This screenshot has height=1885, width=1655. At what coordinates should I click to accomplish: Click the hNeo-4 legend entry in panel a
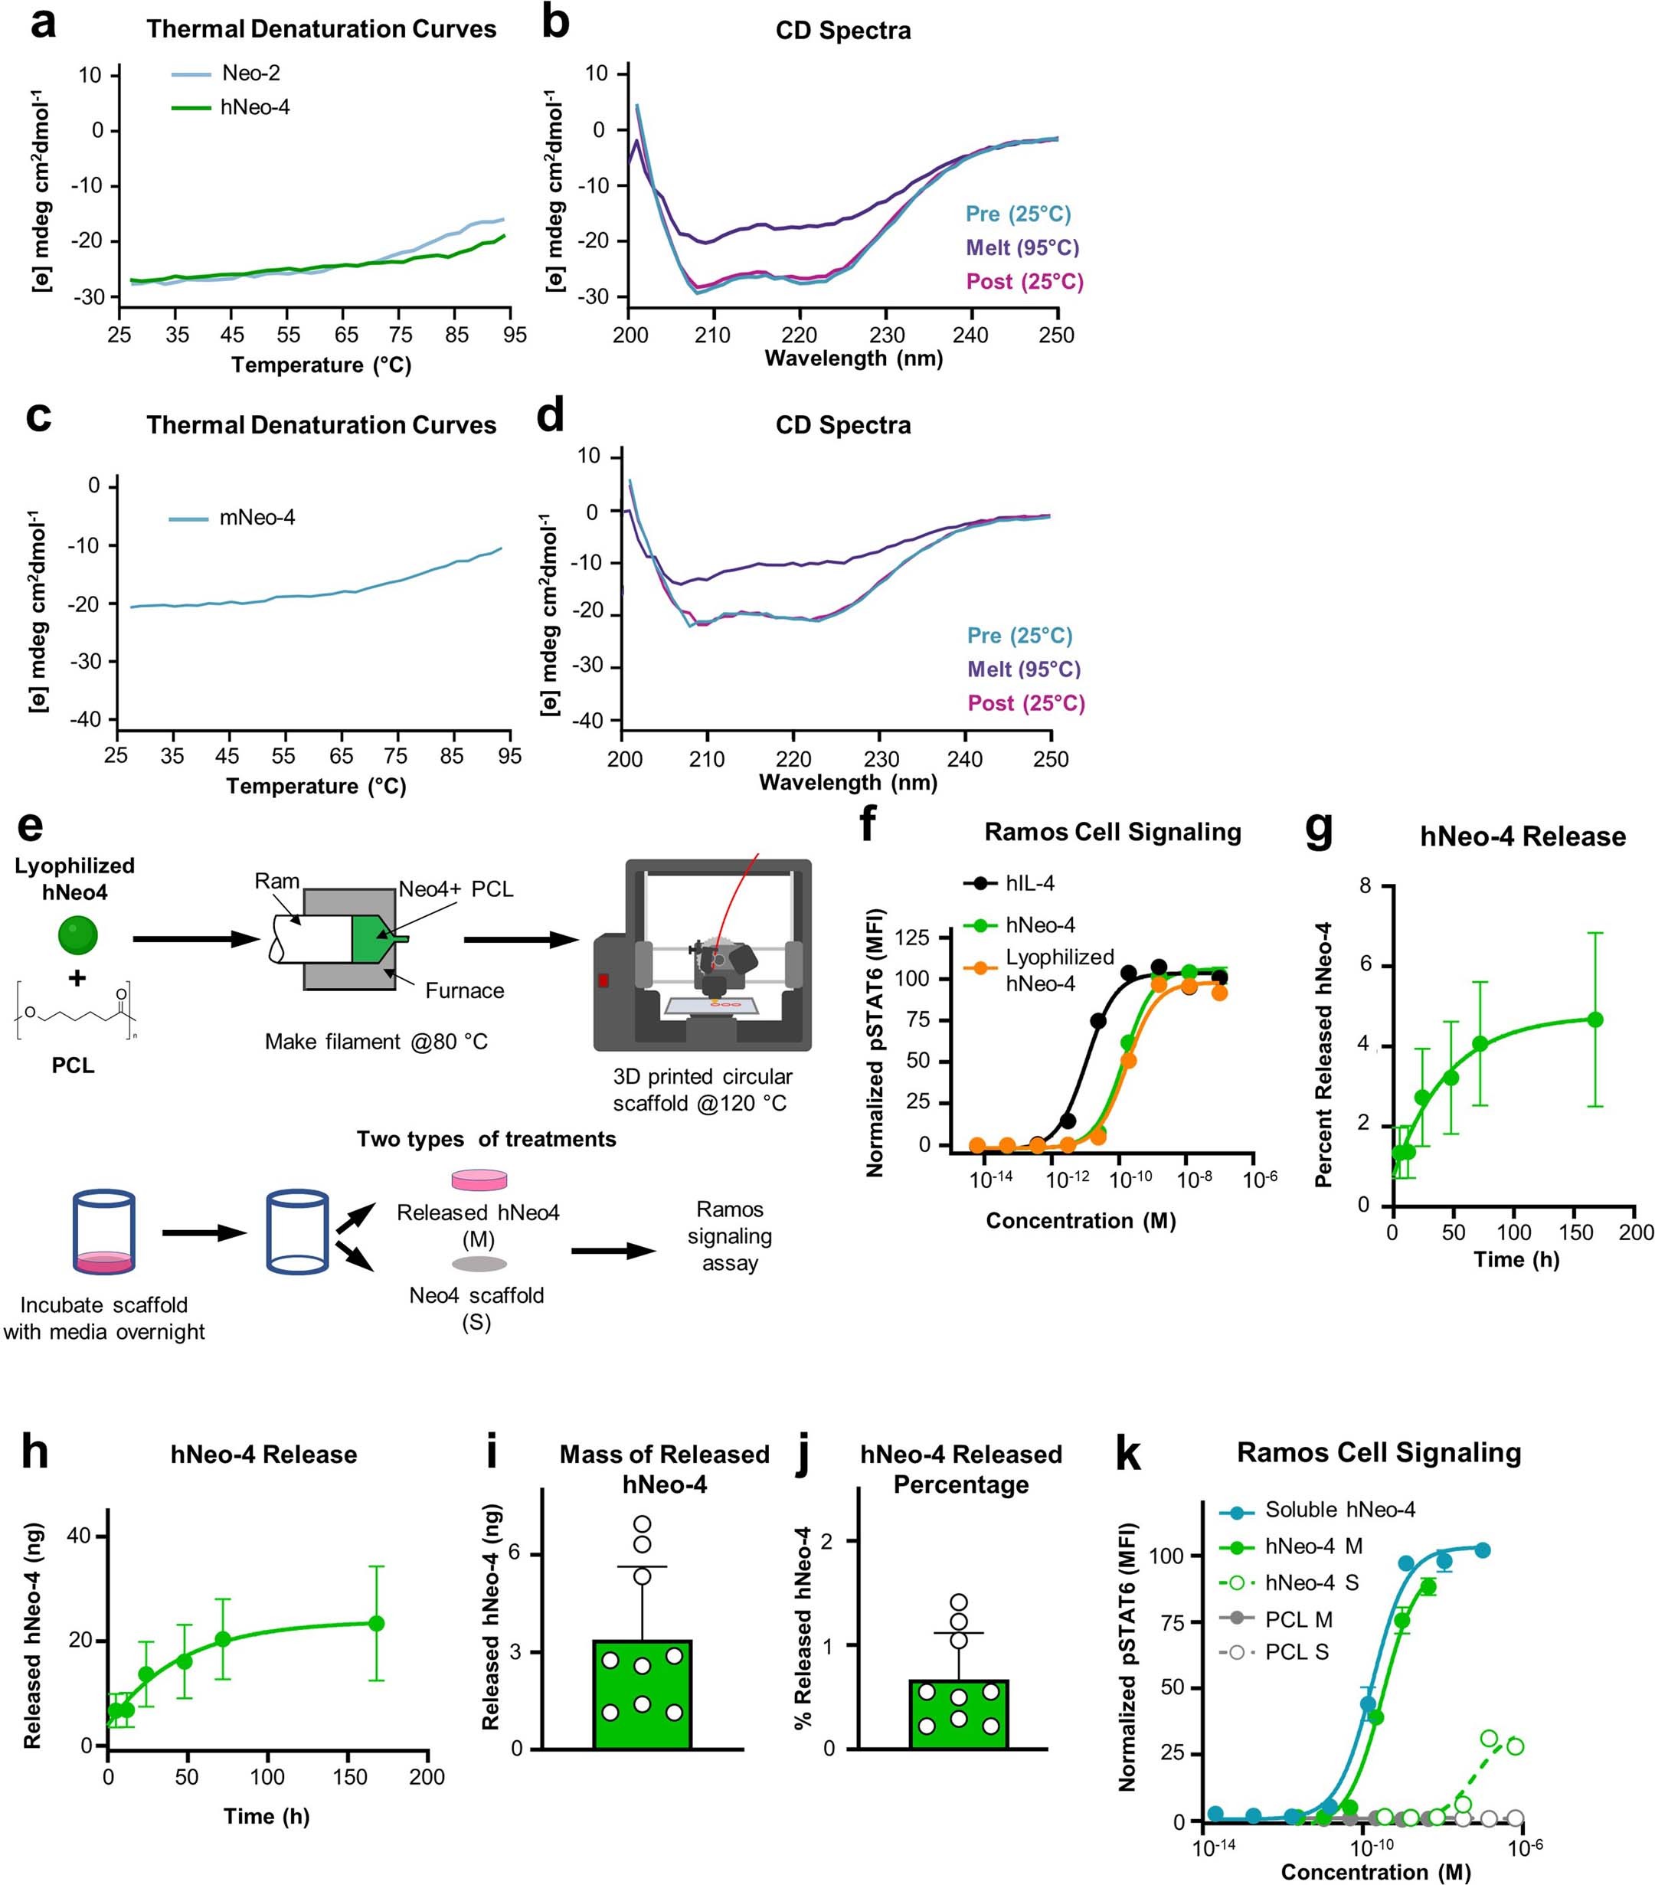tap(254, 108)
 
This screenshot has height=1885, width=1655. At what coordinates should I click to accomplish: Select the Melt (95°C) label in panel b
tap(1022, 247)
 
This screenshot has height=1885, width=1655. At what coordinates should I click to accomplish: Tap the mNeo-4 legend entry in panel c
tap(257, 517)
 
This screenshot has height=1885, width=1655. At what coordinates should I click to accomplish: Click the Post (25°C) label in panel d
tap(1025, 702)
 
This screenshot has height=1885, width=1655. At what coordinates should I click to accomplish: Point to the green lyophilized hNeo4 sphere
tap(77, 934)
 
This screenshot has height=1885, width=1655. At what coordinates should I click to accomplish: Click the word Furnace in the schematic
tap(465, 990)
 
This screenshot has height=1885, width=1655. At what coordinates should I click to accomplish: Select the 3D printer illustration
tap(702, 954)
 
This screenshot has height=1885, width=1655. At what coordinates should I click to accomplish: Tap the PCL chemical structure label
tap(73, 1065)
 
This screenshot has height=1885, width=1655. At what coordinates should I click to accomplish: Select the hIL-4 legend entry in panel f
tap(1029, 883)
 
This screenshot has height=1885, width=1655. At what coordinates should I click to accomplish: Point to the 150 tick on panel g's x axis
tap(1575, 1232)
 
